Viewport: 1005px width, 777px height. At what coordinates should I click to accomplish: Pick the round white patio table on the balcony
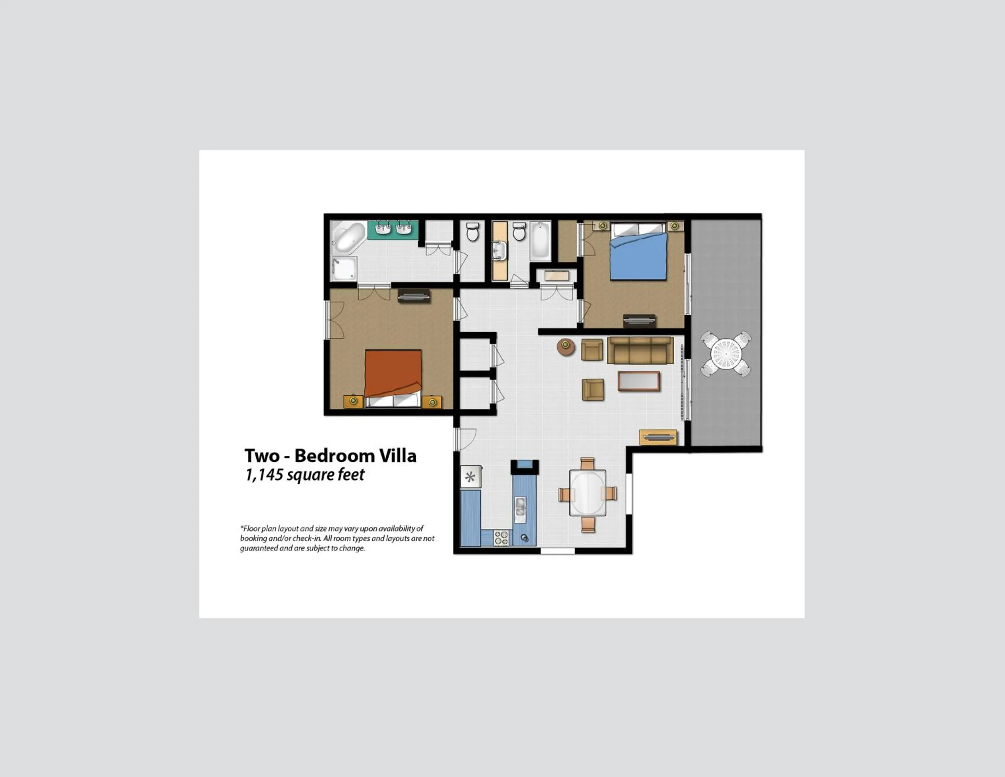click(726, 354)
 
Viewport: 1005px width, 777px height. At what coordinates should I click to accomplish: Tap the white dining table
click(588, 492)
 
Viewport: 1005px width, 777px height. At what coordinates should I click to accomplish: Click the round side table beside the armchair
click(565, 347)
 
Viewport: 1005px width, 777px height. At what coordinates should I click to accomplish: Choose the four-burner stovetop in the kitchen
click(501, 538)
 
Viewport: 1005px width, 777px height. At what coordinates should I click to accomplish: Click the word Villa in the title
click(398, 456)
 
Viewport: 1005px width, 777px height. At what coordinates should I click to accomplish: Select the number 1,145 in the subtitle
click(264, 475)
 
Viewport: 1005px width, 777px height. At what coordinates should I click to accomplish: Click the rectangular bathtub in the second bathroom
click(540, 241)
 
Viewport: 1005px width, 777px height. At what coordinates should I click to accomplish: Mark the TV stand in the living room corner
click(658, 437)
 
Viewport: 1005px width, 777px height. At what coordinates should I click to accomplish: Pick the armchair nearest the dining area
click(593, 390)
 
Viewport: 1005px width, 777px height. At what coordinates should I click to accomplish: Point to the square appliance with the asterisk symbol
click(470, 476)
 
